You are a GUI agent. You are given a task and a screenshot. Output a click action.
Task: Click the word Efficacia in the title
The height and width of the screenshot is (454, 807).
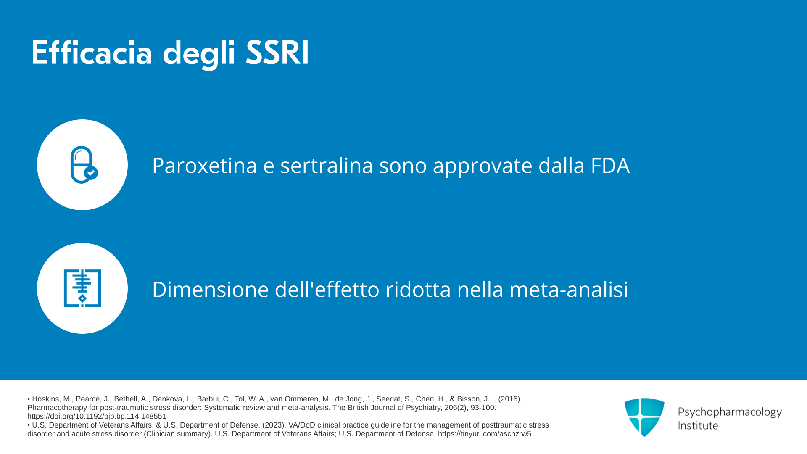pyautogui.click(x=92, y=53)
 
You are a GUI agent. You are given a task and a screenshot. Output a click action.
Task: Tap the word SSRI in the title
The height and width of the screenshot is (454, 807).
pyautogui.click(x=277, y=53)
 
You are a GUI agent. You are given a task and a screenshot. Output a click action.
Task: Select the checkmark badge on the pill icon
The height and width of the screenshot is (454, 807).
pyautogui.click(x=91, y=173)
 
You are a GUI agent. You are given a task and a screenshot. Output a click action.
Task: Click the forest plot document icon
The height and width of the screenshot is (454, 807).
pyautogui.click(x=82, y=288)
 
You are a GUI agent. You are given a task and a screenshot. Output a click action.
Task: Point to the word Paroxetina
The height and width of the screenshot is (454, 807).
pyautogui.click(x=204, y=165)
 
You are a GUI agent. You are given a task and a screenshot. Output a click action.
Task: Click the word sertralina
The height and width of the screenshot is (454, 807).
pyautogui.click(x=327, y=165)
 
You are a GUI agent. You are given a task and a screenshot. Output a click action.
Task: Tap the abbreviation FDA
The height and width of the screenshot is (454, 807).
pyautogui.click(x=610, y=165)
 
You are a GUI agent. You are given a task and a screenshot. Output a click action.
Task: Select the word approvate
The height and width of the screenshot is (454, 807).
pyautogui.click(x=483, y=166)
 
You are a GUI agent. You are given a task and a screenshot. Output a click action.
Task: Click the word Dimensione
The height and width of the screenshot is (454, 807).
pyautogui.click(x=210, y=289)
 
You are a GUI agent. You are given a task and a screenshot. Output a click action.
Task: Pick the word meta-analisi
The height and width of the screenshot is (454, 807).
pyautogui.click(x=569, y=289)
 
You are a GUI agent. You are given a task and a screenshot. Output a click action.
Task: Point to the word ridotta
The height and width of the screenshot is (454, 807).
pyautogui.click(x=418, y=289)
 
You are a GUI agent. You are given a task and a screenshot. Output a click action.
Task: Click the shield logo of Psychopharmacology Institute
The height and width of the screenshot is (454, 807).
pyautogui.click(x=644, y=417)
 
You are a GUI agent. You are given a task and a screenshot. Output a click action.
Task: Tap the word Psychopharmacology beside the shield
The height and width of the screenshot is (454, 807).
pyautogui.click(x=730, y=412)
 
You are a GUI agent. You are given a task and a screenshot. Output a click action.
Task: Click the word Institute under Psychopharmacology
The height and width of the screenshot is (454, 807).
pyautogui.click(x=698, y=425)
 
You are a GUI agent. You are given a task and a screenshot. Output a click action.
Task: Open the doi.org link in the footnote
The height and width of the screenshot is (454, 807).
pyautogui.click(x=97, y=417)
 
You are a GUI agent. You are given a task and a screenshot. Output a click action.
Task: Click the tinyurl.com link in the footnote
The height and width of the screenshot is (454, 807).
pyautogui.click(x=485, y=434)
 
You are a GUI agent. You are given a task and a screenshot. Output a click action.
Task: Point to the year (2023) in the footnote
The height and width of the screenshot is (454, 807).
pyautogui.click(x=274, y=425)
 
